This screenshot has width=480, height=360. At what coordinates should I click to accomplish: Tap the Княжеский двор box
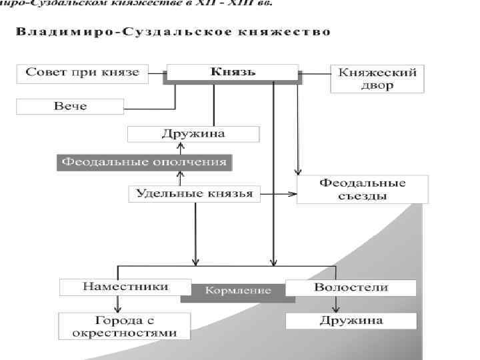tap(377, 79)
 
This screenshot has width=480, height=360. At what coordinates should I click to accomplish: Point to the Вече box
tap(70, 106)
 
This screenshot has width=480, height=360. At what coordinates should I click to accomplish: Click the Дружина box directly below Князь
tap(193, 133)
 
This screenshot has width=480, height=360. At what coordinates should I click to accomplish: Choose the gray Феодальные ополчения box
tap(143, 162)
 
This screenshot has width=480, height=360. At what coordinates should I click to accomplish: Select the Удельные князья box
tap(194, 194)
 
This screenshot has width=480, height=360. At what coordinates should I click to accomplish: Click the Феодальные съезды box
tap(362, 189)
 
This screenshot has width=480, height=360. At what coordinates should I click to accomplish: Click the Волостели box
tap(351, 287)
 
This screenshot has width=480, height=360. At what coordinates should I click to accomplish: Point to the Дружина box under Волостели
tap(351, 321)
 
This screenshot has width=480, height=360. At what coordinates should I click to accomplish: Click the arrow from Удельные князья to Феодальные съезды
tap(278, 195)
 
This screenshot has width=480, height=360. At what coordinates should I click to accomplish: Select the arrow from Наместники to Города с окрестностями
tap(118, 304)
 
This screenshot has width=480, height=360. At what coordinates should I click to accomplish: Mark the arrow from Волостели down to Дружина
tap(336, 304)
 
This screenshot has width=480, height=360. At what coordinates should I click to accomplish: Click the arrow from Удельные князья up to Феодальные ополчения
tap(179, 177)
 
